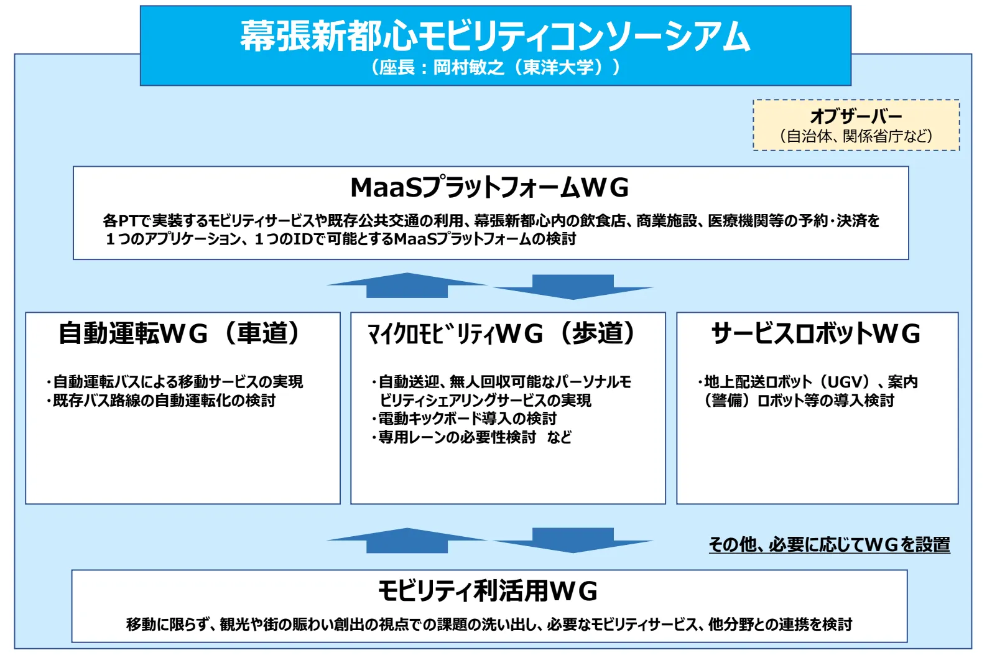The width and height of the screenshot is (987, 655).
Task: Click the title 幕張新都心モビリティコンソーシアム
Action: (495, 36)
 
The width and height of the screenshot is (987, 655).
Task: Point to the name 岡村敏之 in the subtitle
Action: (469, 68)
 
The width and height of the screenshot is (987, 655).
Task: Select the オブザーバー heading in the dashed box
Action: (856, 116)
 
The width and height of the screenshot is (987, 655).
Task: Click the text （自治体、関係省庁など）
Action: (856, 136)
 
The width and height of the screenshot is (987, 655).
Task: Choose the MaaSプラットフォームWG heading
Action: (489, 187)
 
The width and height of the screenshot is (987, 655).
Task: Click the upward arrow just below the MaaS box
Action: (407, 285)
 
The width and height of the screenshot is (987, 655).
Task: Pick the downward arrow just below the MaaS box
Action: (573, 287)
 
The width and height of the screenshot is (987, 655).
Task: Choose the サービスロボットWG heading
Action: (815, 333)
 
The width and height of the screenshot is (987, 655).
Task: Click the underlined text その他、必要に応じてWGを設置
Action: (829, 545)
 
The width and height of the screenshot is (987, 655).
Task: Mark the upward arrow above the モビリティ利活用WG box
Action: (407, 541)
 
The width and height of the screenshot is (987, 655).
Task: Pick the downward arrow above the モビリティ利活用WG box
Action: (573, 541)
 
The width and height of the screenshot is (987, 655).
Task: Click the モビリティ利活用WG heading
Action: (488, 591)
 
